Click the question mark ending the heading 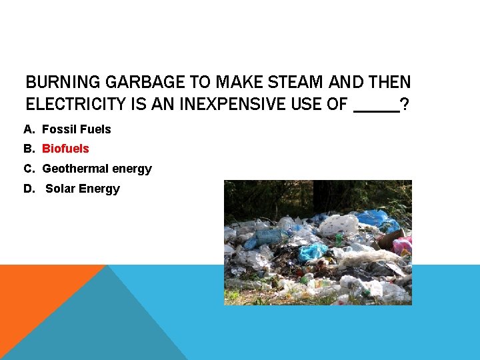tap(405, 104)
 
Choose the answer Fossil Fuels tap(77, 129)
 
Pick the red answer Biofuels tap(65, 149)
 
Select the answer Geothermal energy tap(97, 169)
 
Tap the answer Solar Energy tap(83, 189)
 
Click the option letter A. tap(28, 129)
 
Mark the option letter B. tap(28, 149)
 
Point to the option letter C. tap(28, 169)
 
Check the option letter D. tap(28, 189)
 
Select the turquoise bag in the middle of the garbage tap(312, 252)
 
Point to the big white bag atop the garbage tap(339, 224)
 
